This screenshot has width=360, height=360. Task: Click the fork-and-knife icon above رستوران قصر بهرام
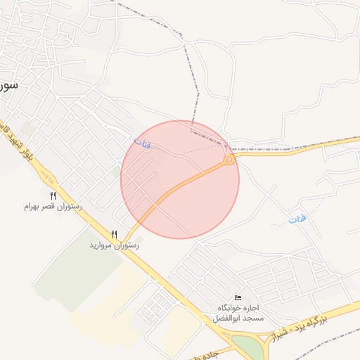[x=53, y=195]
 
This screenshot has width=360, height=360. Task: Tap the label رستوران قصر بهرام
[x=53, y=207]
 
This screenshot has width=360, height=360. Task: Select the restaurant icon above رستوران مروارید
[x=114, y=233]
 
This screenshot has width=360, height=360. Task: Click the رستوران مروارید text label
[x=114, y=245]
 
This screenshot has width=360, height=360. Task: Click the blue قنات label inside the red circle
[x=142, y=144]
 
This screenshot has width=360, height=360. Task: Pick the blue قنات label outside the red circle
[x=298, y=220]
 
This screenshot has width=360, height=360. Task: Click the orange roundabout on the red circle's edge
[x=229, y=161]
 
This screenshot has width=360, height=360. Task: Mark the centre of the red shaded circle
[x=180, y=179]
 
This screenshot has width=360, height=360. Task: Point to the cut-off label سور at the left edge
[x=7, y=86]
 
